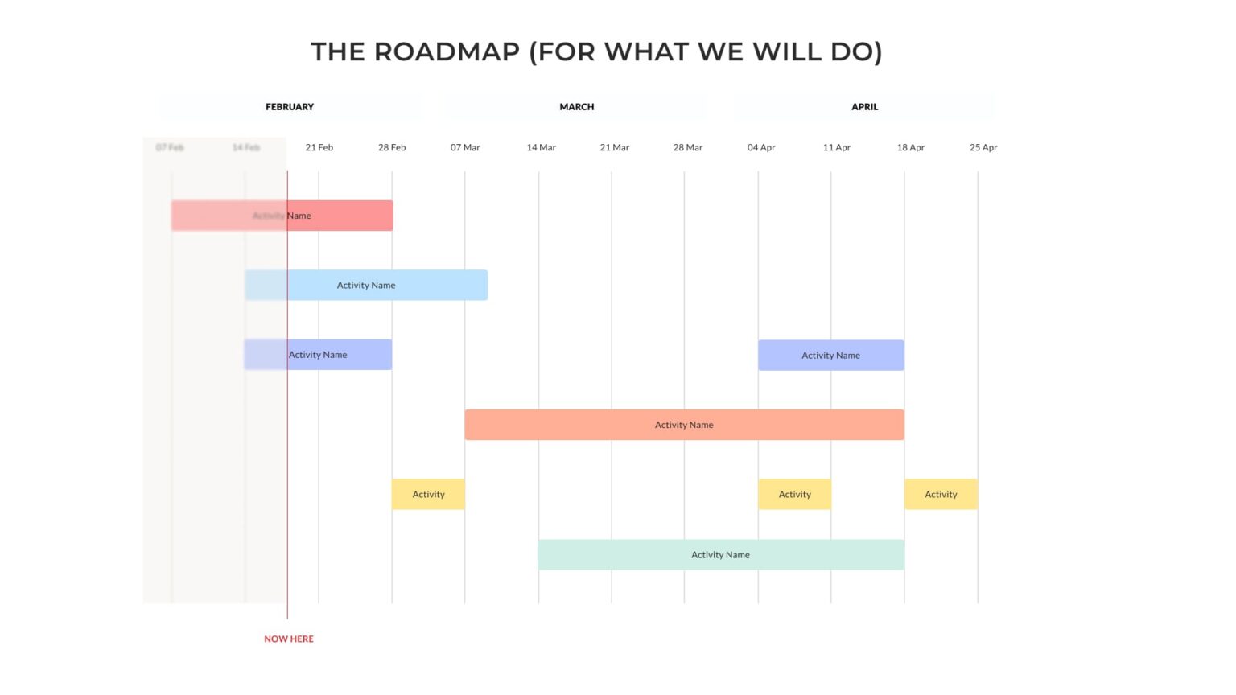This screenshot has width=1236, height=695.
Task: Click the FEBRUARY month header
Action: [290, 106]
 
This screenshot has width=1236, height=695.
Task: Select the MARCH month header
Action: [576, 106]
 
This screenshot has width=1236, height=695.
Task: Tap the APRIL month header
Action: [864, 106]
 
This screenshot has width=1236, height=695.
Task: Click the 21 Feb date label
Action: [319, 147]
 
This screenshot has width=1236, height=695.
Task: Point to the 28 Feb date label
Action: [392, 147]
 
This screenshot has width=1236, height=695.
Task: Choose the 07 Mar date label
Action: [465, 147]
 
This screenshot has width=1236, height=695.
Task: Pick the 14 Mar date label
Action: [541, 147]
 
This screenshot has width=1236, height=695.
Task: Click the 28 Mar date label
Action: [687, 147]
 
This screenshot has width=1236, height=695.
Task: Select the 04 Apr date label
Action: [760, 147]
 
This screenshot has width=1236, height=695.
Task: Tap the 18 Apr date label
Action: [910, 147]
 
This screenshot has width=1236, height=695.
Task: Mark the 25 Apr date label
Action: [983, 147]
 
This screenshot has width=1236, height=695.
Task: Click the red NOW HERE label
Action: [289, 639]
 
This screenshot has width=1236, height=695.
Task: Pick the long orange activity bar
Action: [684, 425]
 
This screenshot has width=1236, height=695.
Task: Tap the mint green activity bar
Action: [720, 554]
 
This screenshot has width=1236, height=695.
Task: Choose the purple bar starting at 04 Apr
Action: [830, 355]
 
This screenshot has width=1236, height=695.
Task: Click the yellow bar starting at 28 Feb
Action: [428, 494]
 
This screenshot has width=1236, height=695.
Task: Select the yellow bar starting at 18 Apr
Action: [941, 494]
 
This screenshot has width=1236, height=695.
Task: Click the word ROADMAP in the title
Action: [447, 51]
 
